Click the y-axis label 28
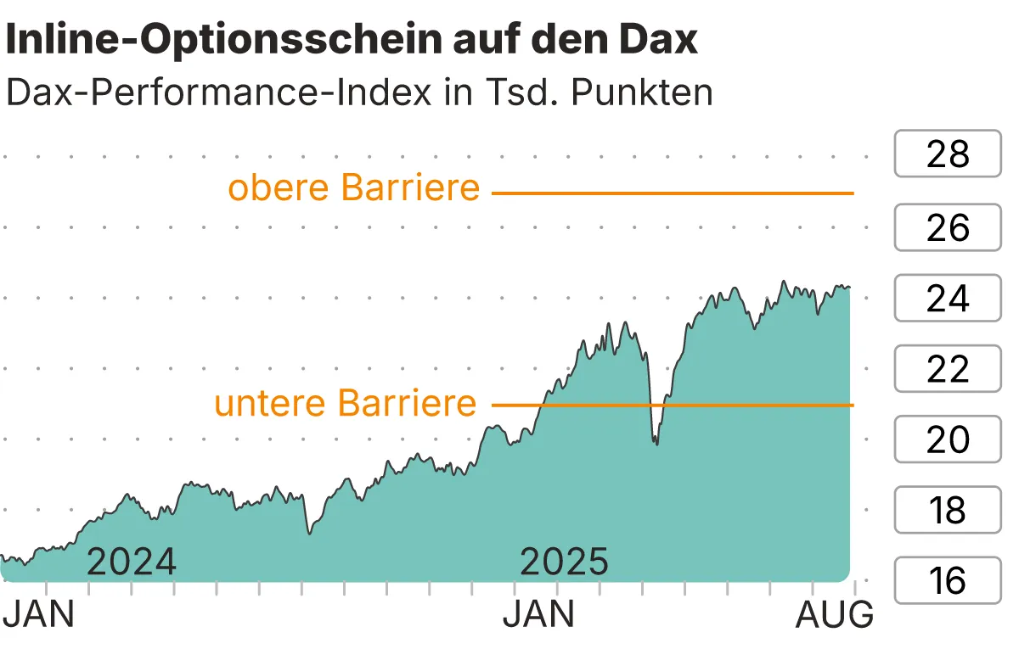(948, 154)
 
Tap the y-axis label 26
(948, 227)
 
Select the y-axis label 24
(948, 298)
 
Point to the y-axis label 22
(948, 369)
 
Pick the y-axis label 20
(948, 439)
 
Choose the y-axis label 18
(948, 511)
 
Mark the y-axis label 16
(948, 581)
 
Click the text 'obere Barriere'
(354, 187)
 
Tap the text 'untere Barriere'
(346, 402)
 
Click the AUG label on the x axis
(834, 615)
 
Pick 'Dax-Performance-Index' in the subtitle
(217, 92)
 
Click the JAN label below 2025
(538, 615)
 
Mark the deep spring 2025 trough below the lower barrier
(655, 442)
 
